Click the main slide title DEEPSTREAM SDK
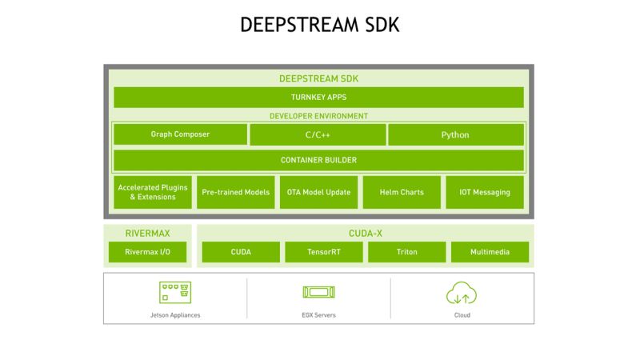point(319,25)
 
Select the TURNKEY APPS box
point(318,98)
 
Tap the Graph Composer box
point(180,134)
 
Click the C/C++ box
point(318,134)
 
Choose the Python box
point(455,134)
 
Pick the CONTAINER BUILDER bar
point(318,160)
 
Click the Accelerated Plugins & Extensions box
point(153,192)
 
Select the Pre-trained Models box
point(235,192)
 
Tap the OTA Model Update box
point(318,192)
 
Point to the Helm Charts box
point(401,192)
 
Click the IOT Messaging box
point(484,192)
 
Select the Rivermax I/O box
point(147,252)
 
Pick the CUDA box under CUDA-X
point(241,252)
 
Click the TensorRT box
point(324,252)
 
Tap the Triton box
point(406,252)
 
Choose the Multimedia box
point(490,252)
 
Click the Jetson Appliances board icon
point(175,293)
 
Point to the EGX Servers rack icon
point(318,294)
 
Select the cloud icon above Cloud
point(462,293)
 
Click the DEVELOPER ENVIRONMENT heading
point(318,116)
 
